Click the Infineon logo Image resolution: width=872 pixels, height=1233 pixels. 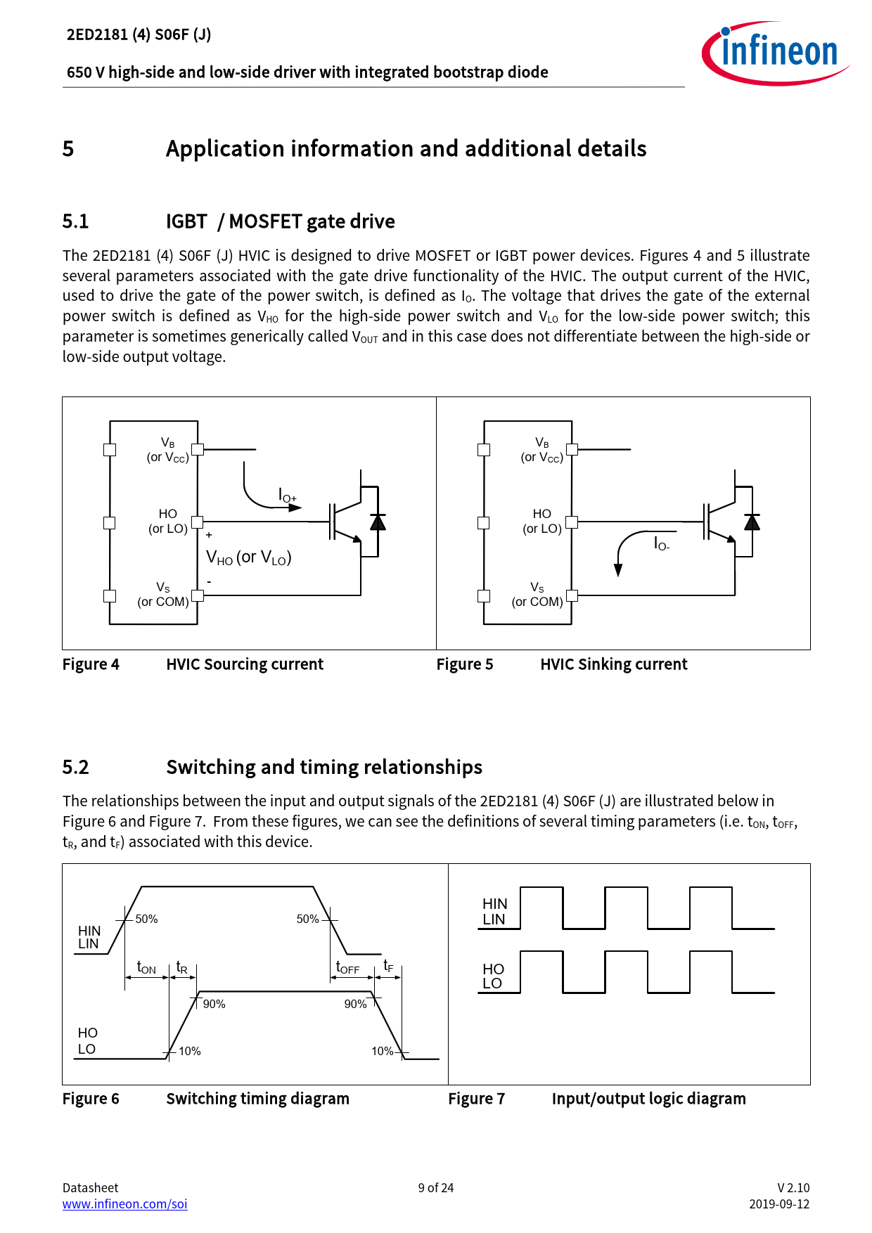tap(776, 53)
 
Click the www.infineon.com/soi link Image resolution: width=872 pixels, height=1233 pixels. tap(124, 1203)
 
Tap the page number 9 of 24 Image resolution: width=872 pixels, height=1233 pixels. tap(435, 1187)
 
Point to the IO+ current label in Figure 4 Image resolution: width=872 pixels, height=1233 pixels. tap(288, 496)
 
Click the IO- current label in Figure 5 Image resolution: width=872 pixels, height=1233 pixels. tap(662, 543)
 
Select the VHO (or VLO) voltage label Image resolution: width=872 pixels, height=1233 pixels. tap(248, 557)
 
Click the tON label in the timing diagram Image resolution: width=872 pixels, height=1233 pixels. tap(146, 968)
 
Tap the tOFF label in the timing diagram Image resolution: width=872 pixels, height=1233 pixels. tap(347, 968)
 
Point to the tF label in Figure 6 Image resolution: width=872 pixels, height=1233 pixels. tap(388, 967)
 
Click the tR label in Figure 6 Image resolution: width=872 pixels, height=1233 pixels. tap(181, 968)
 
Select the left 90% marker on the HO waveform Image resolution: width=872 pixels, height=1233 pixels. tap(214, 1004)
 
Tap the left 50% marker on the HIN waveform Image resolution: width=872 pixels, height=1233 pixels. tap(146, 919)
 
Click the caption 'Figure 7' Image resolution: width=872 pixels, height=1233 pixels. tap(476, 1099)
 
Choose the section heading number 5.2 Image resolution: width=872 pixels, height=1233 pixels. tap(75, 767)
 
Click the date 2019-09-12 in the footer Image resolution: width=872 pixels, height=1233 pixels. tap(778, 1203)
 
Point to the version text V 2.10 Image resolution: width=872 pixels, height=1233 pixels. tap(793, 1187)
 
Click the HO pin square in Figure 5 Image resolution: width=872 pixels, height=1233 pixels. tap(572, 522)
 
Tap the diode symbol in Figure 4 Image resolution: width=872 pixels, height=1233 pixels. tap(378, 522)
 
